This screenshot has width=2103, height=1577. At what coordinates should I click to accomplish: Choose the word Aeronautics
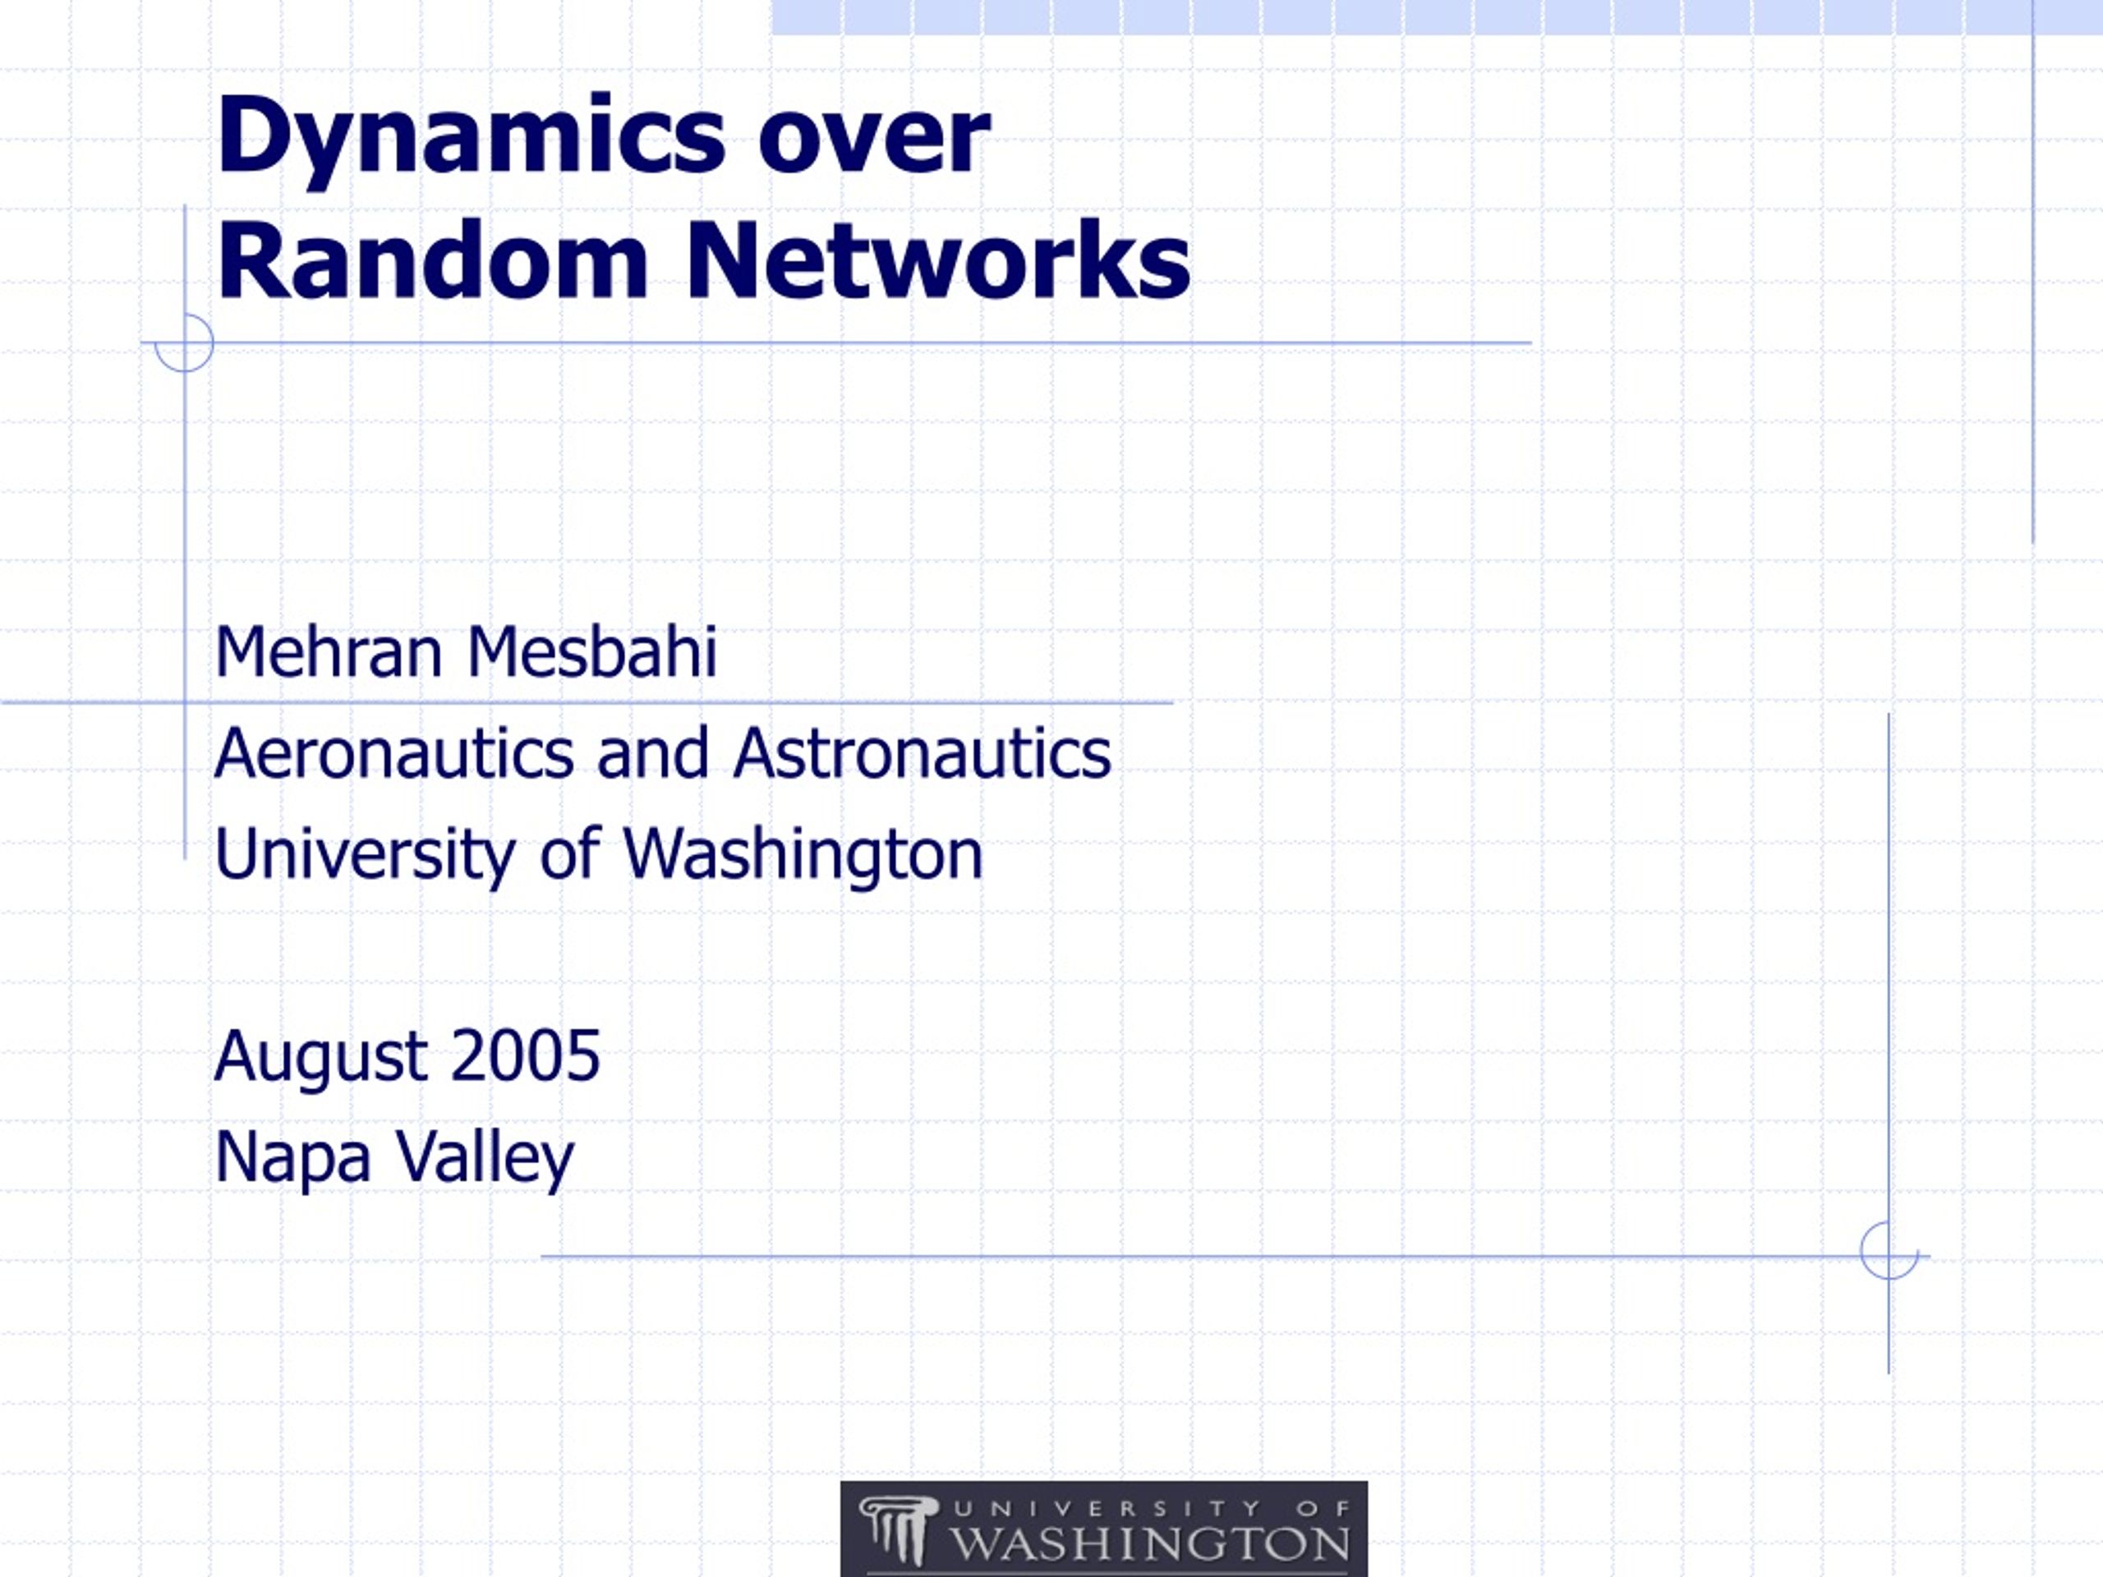point(393,753)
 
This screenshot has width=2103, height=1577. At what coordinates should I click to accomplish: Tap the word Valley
point(485,1158)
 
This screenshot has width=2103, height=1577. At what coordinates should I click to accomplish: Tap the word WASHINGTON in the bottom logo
point(1149,1543)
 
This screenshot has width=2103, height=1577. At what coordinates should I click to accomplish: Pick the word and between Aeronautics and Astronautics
point(652,753)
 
